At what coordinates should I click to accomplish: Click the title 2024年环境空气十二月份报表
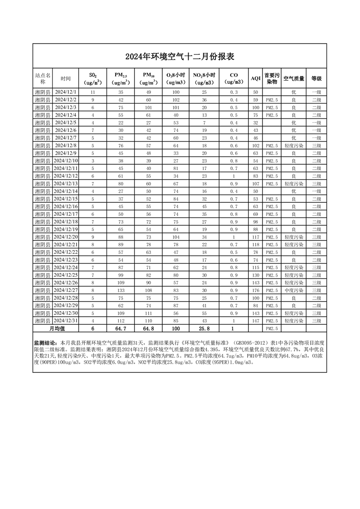tap(180, 57)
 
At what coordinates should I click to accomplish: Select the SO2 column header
tap(92, 78)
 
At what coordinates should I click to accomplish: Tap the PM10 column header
tap(149, 78)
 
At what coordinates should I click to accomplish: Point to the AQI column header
tap(256, 78)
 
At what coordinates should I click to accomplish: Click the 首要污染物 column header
tap(272, 78)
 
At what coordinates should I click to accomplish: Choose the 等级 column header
tap(316, 78)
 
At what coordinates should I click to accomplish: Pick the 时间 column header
tap(66, 78)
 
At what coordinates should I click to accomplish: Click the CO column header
tap(234, 78)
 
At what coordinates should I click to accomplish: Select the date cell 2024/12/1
tap(66, 92)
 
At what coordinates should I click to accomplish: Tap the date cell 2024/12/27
tap(66, 290)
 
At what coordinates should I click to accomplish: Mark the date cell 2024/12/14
tap(66, 191)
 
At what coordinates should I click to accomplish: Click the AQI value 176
tap(256, 290)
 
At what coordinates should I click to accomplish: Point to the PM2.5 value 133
tap(122, 290)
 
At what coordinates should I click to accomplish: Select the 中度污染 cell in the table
tap(293, 290)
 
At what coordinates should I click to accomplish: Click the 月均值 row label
tap(57, 328)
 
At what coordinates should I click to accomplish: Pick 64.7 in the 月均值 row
tap(122, 328)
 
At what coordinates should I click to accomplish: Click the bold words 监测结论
tap(45, 343)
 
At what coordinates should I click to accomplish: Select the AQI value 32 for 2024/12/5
tap(256, 122)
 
